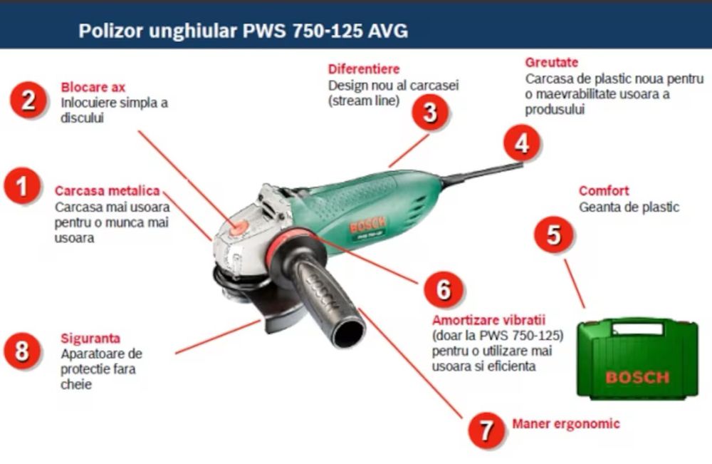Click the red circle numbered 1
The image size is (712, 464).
point(22,186)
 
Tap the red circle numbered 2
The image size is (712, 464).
point(28,100)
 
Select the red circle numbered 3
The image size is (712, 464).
point(430,112)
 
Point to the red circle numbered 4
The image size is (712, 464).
point(522,143)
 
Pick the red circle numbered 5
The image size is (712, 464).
point(553,234)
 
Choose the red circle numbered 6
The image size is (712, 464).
point(443,289)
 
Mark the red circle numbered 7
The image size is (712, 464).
point(486,430)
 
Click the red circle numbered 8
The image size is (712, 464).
point(22,351)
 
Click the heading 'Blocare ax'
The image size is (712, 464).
point(93,87)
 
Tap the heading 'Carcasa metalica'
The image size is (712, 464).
point(108,190)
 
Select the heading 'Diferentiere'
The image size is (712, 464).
point(364,69)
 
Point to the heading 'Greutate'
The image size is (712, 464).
point(552,62)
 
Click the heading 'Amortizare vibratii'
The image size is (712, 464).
point(488,320)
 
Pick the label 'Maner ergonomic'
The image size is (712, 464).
point(566,423)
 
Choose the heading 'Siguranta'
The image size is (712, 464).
point(90,338)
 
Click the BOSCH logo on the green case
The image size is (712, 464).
point(637,378)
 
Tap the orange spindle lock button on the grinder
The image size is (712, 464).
point(239,228)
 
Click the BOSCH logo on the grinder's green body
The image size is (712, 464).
point(367,225)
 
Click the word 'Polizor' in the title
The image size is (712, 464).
point(110,31)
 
